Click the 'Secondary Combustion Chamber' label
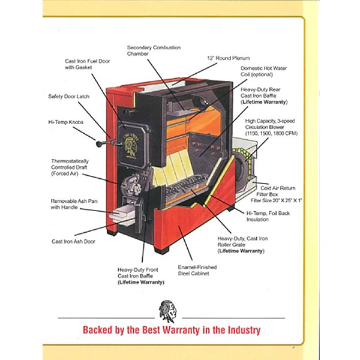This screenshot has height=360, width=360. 154,51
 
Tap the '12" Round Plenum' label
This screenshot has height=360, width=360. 229,58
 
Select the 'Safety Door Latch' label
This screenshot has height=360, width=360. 68,97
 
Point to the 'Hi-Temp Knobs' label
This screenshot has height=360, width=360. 65,122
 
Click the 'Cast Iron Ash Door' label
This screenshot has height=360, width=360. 73,241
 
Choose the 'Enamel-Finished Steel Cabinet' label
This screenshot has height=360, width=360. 197,270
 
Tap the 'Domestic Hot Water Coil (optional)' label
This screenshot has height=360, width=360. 263,71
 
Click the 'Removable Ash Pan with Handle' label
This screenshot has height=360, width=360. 74,204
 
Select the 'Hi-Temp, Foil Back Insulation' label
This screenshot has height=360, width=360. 268,216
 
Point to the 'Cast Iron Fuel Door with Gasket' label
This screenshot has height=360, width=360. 87,64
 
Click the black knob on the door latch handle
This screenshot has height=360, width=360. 99,144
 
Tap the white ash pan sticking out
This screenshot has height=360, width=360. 122,214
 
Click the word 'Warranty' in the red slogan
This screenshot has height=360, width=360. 181,330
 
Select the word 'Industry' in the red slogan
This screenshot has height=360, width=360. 244,330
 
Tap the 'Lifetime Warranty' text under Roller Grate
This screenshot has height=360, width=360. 241,251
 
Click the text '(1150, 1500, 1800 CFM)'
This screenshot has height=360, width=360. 271,133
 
